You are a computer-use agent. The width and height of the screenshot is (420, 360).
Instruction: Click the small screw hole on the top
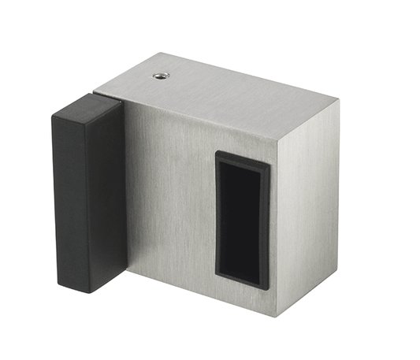(x=160, y=76)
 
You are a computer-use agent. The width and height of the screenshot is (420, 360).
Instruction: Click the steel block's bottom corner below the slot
(x=277, y=317)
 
